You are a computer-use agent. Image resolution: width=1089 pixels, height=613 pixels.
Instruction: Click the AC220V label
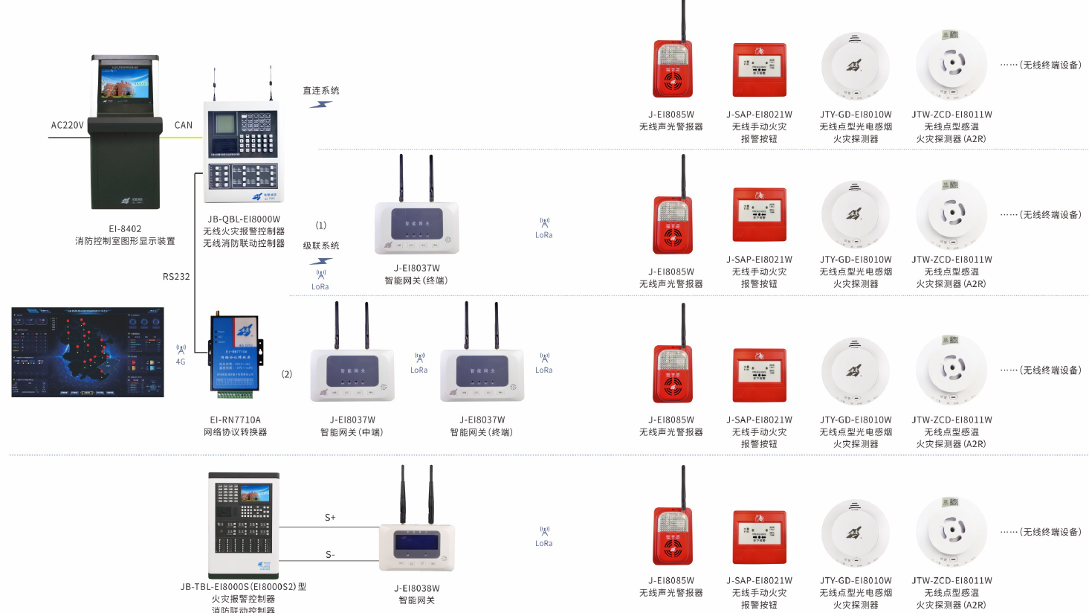point(67,125)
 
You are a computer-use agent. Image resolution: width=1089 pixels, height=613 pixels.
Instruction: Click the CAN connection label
point(184,125)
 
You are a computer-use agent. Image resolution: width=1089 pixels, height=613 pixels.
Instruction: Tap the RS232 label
point(176,277)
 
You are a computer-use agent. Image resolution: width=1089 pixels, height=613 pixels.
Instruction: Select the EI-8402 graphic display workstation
point(125,132)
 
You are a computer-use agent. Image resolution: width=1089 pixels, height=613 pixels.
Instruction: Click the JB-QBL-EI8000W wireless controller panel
point(244,152)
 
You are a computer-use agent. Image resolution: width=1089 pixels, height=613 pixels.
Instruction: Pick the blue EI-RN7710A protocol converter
point(236,353)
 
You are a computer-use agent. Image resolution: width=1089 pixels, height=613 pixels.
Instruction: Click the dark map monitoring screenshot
point(88,352)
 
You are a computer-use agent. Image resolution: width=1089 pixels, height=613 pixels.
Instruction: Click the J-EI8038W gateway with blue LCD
point(416,547)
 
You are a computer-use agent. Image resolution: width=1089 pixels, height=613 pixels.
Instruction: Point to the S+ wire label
point(330,517)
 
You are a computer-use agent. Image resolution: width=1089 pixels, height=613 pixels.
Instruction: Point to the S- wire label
point(330,555)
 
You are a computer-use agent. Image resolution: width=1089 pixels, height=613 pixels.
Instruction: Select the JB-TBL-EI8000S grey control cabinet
point(244,525)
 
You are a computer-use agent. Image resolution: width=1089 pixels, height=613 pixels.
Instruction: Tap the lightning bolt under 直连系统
point(320,105)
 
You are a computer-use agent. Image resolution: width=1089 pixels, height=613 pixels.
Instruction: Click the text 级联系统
point(321,245)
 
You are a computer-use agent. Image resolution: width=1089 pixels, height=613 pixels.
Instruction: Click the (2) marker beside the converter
point(287,374)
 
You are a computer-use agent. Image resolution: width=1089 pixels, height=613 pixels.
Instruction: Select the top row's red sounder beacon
point(672,69)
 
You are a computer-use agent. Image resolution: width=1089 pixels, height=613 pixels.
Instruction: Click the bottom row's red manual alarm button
point(759,538)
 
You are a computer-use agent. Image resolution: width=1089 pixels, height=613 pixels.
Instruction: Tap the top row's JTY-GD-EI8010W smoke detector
point(855,66)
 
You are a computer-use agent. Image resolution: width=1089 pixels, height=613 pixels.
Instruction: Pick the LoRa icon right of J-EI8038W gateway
point(544,536)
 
